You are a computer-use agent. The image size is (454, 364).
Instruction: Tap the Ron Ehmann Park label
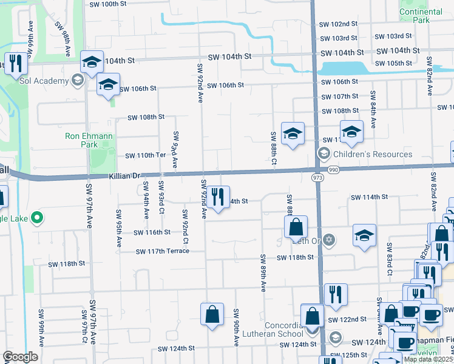(x=89, y=141)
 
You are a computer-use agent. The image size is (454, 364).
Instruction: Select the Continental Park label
(x=421, y=16)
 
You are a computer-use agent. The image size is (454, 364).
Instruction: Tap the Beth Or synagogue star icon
(x=329, y=240)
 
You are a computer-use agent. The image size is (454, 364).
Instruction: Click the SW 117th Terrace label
(x=163, y=252)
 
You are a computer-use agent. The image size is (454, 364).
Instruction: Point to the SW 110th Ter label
(x=146, y=156)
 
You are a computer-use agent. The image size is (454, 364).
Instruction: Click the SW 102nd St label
(x=339, y=24)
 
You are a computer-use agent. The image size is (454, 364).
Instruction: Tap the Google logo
(x=20, y=357)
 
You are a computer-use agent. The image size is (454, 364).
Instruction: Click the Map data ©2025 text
(x=428, y=359)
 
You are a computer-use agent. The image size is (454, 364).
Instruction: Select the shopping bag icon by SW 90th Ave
(x=212, y=314)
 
